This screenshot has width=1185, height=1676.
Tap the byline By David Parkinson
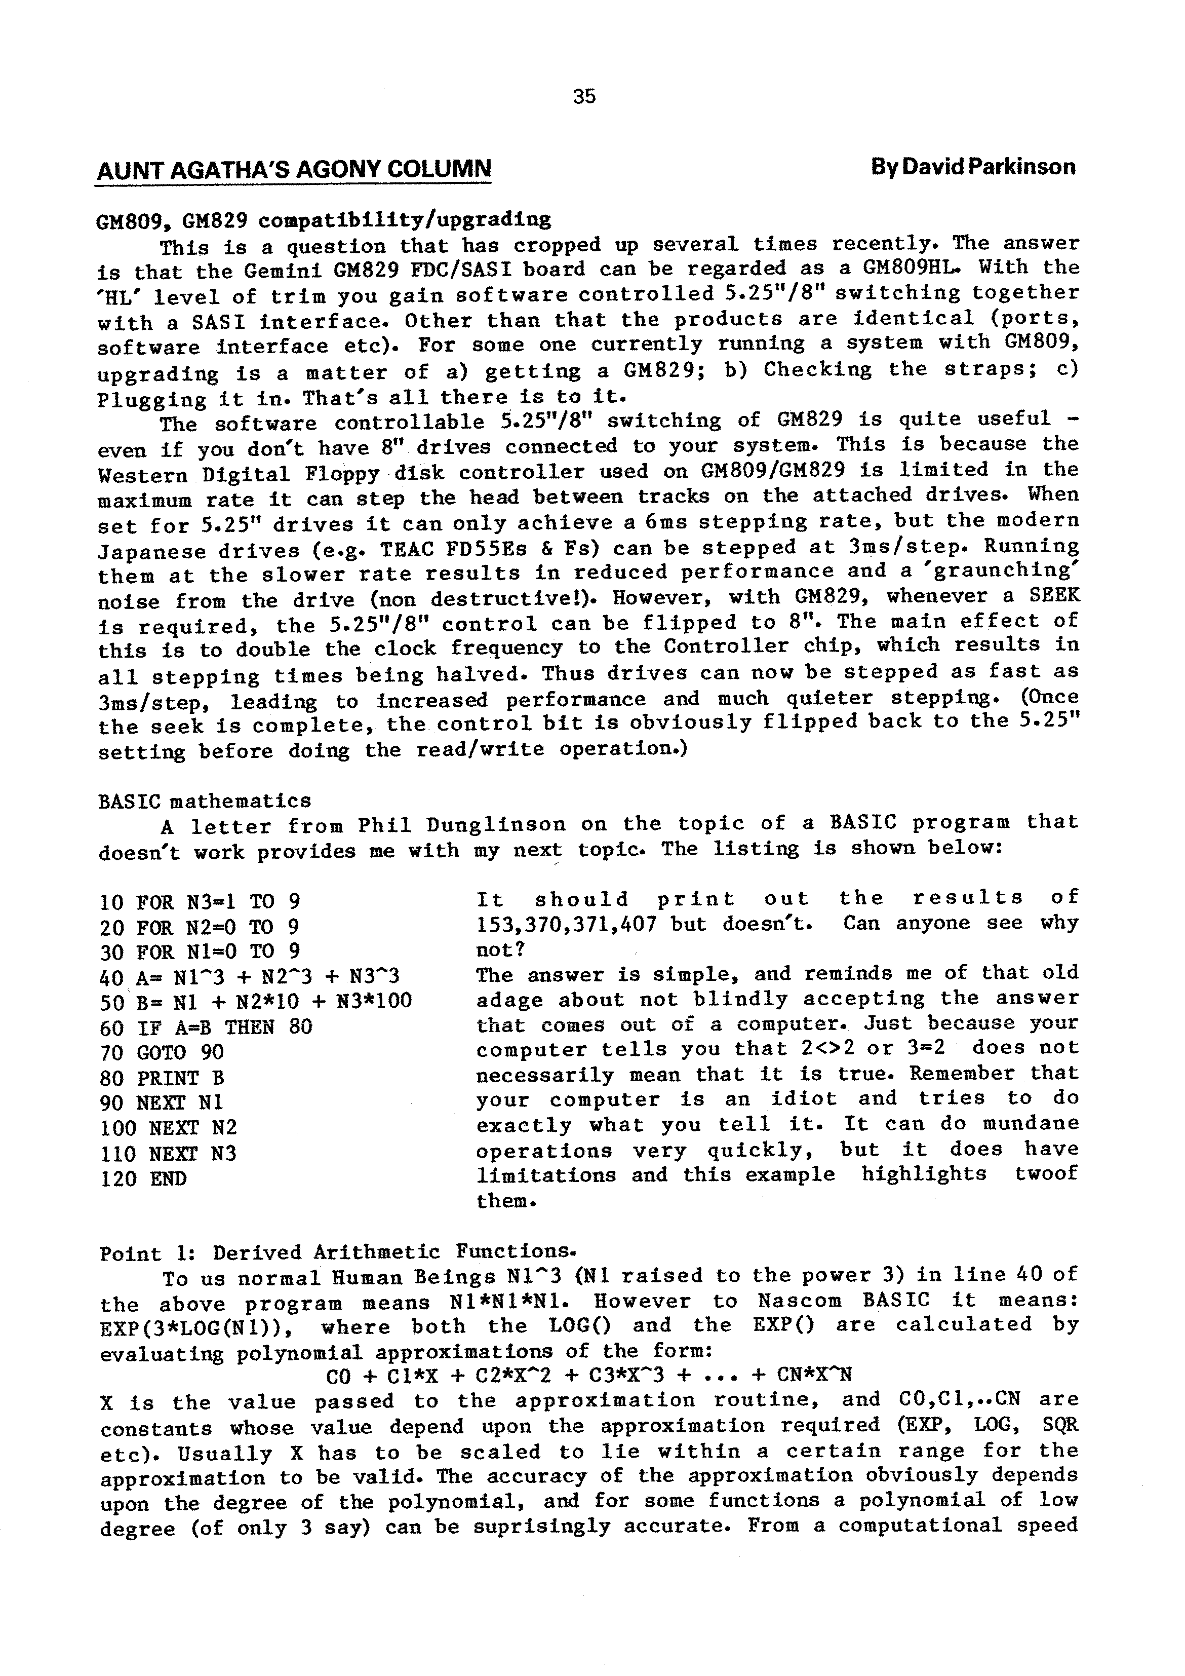click(x=973, y=167)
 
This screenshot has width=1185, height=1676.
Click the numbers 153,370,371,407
click(x=567, y=925)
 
